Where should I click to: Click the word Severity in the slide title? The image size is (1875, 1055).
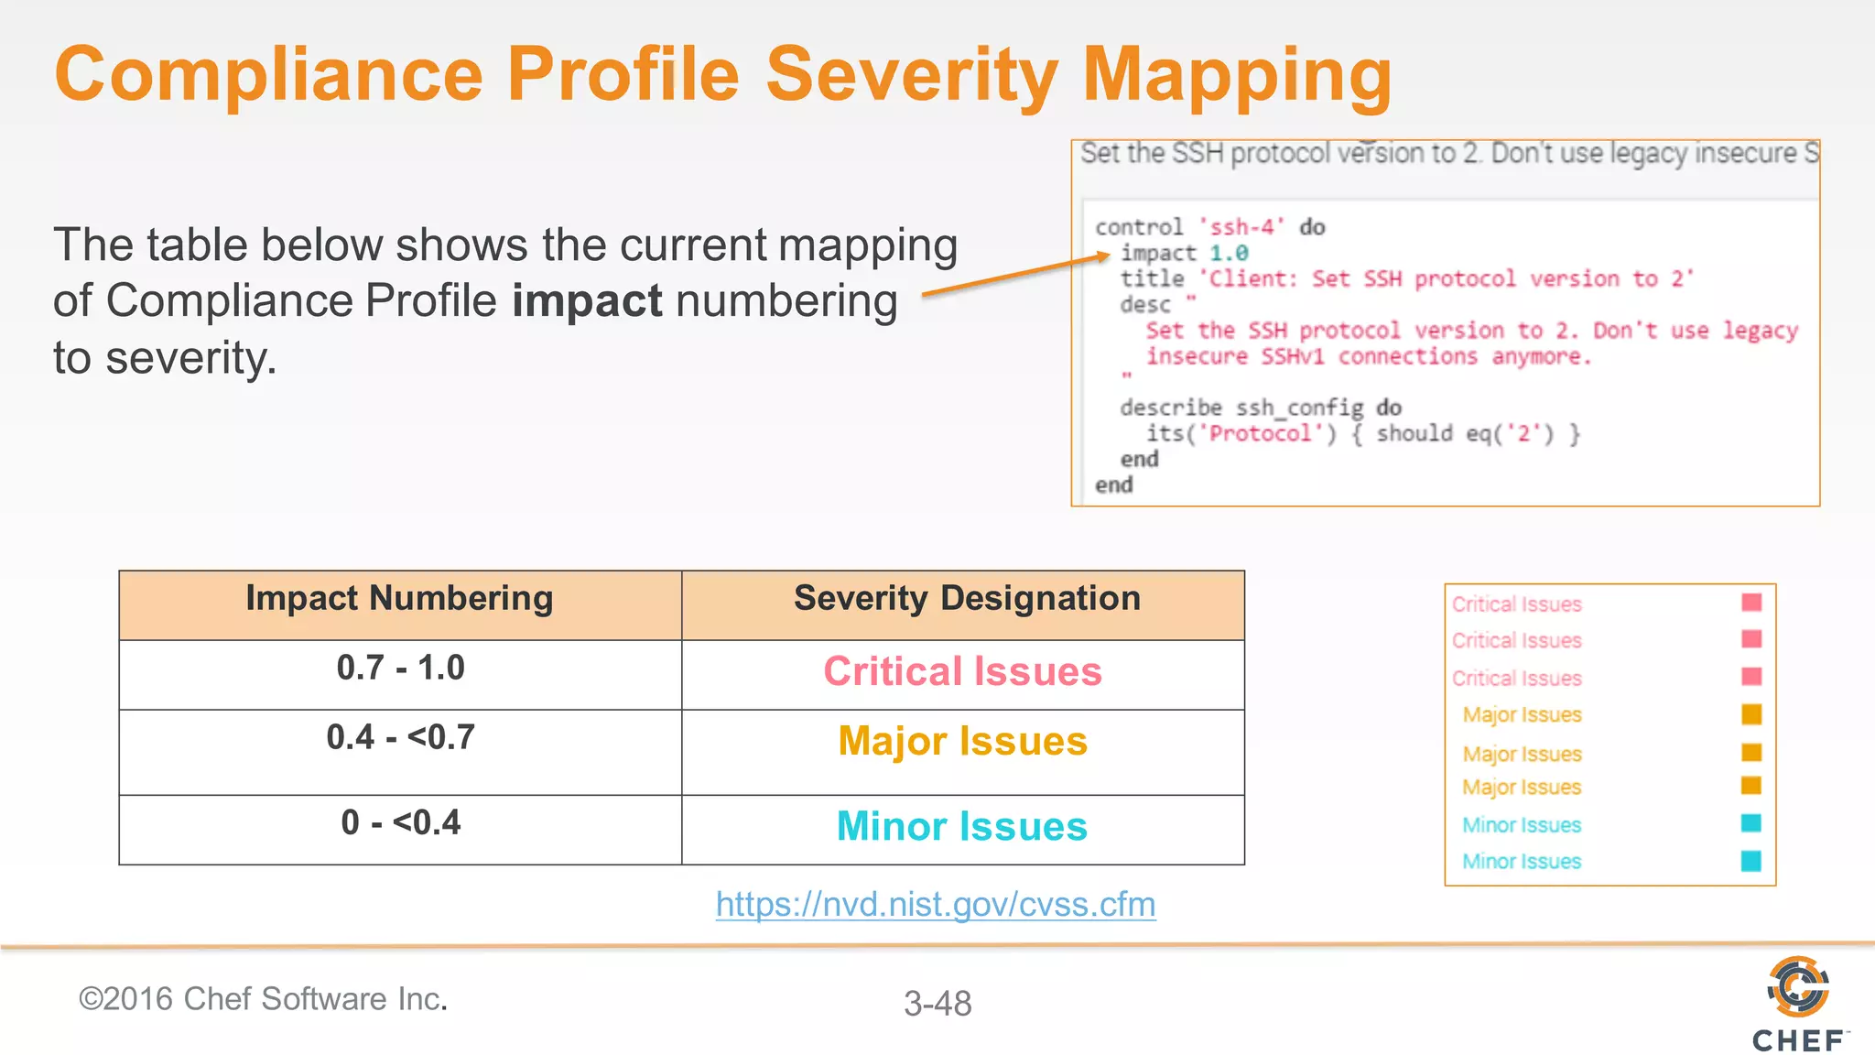pyautogui.click(x=911, y=75)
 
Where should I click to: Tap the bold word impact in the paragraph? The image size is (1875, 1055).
pyautogui.click(x=587, y=301)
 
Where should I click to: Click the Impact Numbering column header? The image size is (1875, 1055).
pyautogui.click(x=399, y=599)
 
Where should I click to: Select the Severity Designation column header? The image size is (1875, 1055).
pyautogui.click(x=967, y=599)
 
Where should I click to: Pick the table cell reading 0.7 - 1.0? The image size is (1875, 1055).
pyautogui.click(x=400, y=669)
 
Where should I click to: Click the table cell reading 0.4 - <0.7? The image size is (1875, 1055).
pyautogui.click(x=400, y=738)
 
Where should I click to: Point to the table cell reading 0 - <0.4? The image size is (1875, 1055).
pyautogui.click(x=400, y=823)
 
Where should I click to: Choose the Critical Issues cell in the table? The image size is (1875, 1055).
pyautogui.click(x=962, y=672)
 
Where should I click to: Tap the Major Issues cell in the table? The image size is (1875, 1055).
pyautogui.click(x=962, y=742)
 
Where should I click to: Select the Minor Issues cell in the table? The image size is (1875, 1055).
pyautogui.click(x=962, y=827)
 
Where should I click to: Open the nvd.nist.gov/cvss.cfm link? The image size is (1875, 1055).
pyautogui.click(x=936, y=905)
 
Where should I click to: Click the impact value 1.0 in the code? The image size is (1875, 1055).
pyautogui.click(x=1229, y=254)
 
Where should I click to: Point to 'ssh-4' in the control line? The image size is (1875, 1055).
pyautogui.click(x=1241, y=227)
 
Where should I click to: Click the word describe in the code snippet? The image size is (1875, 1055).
pyautogui.click(x=1170, y=408)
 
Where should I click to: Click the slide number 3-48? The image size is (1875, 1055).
pyautogui.click(x=937, y=1004)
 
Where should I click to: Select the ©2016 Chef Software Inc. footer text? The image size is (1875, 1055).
pyautogui.click(x=263, y=999)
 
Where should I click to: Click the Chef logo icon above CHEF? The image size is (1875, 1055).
pyautogui.click(x=1797, y=986)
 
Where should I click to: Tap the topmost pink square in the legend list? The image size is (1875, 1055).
pyautogui.click(x=1751, y=603)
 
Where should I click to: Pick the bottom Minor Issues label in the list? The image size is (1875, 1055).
pyautogui.click(x=1522, y=862)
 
